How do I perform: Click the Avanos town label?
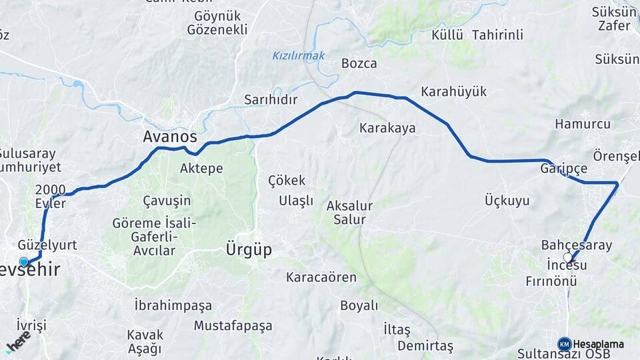[x=170, y=137]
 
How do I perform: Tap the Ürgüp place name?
[x=249, y=250]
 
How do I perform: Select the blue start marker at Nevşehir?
[x=24, y=262]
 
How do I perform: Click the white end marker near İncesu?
[x=567, y=257]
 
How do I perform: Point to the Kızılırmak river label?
[x=299, y=56]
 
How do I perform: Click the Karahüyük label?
[x=454, y=92]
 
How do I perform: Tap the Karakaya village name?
[x=387, y=127]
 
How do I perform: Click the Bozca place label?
[x=359, y=64]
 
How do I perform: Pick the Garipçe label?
[x=564, y=167]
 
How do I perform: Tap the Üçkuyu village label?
[x=507, y=200]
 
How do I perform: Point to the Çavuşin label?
[x=167, y=200]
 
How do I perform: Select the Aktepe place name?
[x=201, y=169]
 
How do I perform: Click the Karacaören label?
[x=321, y=277]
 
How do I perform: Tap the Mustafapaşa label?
[x=233, y=326]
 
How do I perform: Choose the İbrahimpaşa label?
[x=173, y=305]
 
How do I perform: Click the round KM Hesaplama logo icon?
[x=564, y=344]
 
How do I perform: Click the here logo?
[x=18, y=343]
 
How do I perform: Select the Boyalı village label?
[x=359, y=305]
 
